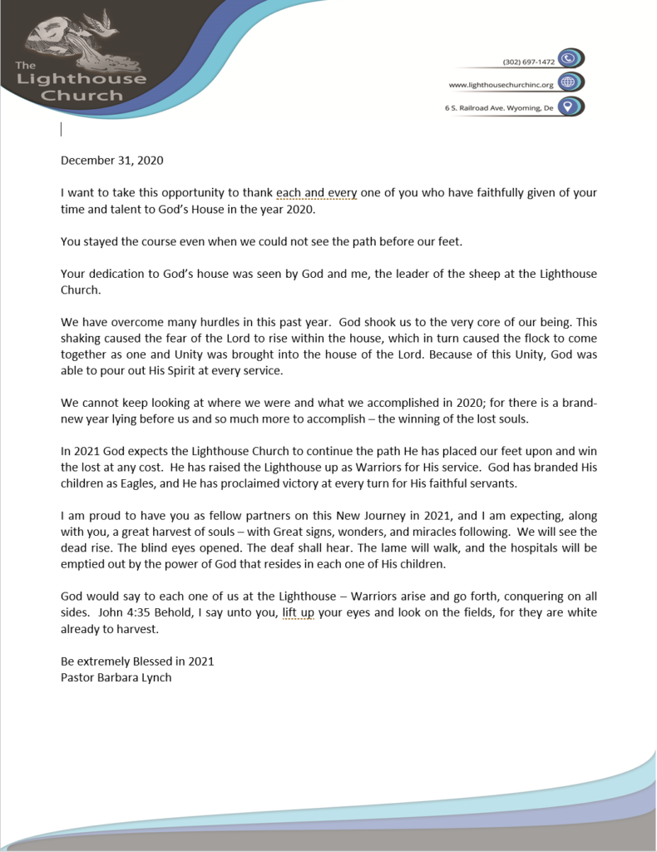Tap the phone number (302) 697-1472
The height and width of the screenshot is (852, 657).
coord(530,62)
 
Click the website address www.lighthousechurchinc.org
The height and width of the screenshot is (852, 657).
coord(501,85)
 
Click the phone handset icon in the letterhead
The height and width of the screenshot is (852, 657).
coord(569,58)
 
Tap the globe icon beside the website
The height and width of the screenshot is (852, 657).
coord(569,82)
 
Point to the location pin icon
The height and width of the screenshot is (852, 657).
coord(569,106)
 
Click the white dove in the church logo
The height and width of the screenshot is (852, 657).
coord(99,22)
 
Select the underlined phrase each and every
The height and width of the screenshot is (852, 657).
coord(316,193)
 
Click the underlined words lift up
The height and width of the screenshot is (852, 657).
coord(299,613)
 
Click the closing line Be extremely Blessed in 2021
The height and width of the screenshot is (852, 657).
coord(137,661)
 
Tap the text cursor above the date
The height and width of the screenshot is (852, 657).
coord(62,128)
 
